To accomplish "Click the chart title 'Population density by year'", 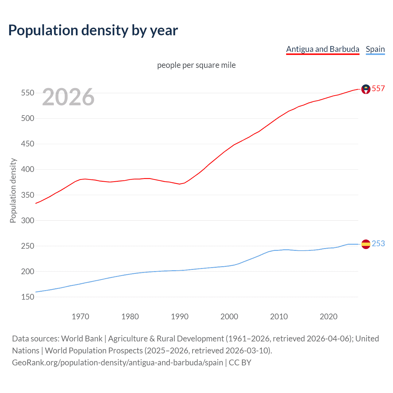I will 93,30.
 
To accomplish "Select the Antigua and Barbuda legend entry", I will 322,49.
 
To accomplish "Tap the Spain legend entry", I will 375,49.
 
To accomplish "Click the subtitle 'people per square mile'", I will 196,65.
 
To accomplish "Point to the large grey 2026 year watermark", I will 68,97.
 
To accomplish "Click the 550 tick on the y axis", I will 27,93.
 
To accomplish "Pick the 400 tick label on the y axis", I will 27,169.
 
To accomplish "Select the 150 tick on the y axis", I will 27,297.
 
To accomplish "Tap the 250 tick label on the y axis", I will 27,246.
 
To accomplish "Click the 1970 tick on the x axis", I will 80,317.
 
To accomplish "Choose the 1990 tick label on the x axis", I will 180,317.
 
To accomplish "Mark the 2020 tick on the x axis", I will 329,317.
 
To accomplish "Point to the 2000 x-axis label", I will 229,317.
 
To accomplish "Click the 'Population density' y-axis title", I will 13,190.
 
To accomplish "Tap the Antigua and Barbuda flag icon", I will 366,89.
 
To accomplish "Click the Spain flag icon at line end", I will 366,244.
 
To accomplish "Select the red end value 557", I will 378,89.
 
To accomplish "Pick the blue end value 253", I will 378,244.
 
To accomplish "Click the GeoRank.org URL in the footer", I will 117,363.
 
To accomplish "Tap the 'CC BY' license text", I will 240,363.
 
